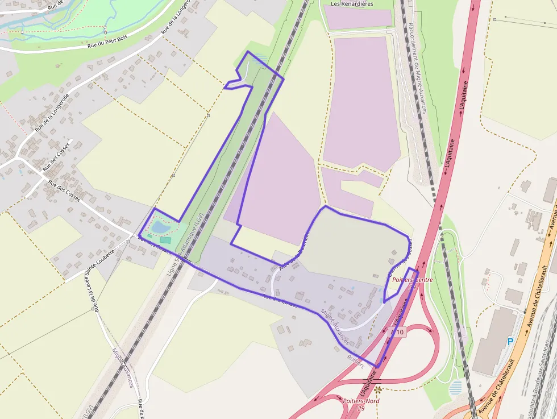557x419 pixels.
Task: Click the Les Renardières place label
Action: click(352, 3)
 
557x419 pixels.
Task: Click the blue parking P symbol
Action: click(510, 341)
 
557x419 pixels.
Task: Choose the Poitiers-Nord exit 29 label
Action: click(361, 404)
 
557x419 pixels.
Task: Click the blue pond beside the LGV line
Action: click(160, 227)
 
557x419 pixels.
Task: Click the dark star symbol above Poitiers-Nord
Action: click(379, 390)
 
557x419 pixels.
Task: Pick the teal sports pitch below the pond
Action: click(165, 240)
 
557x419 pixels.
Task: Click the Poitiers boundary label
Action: click(355, 361)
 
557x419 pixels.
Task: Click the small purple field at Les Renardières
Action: click(358, 16)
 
